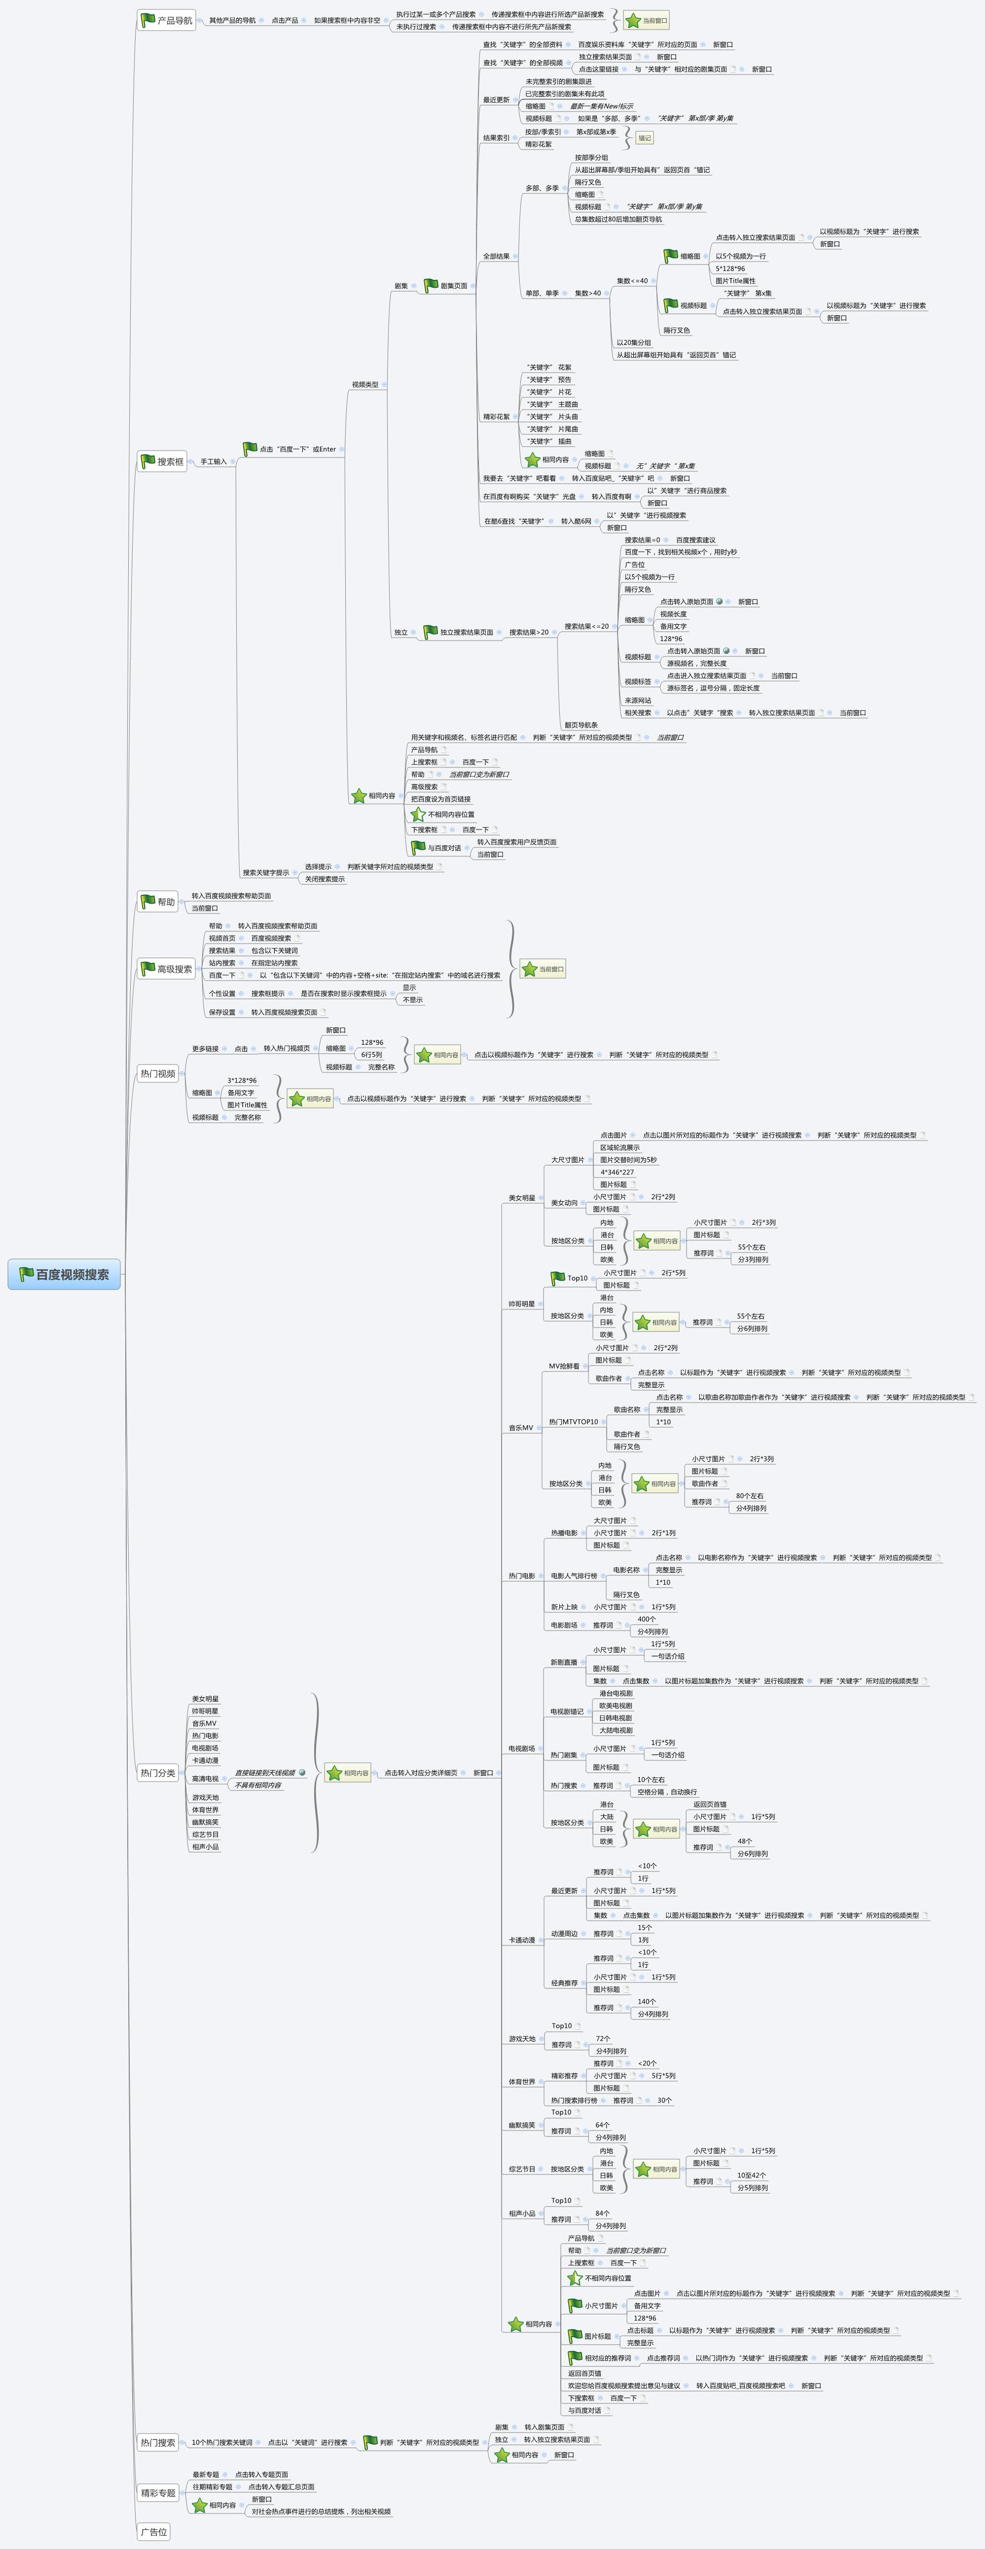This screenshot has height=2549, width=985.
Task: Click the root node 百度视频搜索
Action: coord(65,1274)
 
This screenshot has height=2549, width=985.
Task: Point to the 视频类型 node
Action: coord(365,384)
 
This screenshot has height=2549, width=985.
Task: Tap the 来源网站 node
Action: coord(638,700)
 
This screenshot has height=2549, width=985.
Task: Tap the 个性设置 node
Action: coord(221,993)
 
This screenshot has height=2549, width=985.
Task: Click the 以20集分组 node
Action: coord(633,342)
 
